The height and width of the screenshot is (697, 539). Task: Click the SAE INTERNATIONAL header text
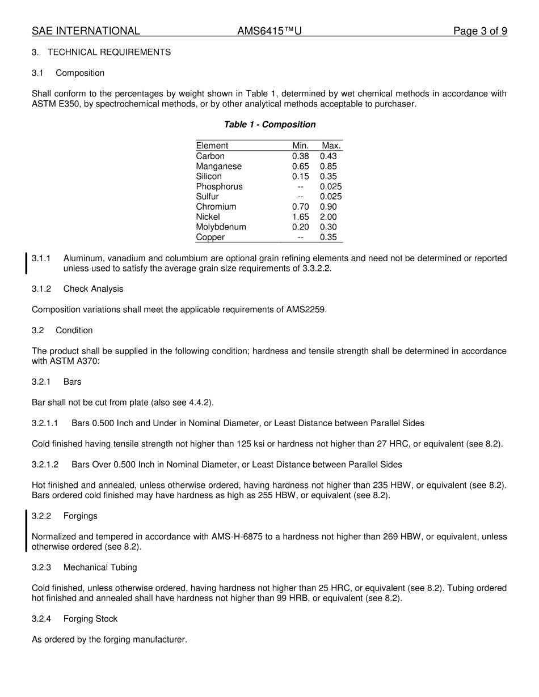coord(86,31)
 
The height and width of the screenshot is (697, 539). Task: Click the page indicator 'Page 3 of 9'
coord(480,31)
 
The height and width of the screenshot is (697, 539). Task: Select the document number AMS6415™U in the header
coord(269,31)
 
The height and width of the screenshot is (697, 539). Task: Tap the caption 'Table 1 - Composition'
coord(269,125)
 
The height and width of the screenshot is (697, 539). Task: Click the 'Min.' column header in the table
coord(300,146)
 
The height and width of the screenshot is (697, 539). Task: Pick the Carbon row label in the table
coord(210,156)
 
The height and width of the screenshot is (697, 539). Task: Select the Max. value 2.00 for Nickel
coord(328,217)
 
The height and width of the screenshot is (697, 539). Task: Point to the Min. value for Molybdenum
coord(300,227)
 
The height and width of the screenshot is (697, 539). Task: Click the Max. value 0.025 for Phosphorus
coord(331,186)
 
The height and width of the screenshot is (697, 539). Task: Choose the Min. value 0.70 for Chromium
coord(300,207)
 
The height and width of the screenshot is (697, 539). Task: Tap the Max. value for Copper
coord(328,237)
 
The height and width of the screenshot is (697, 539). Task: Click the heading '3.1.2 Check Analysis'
coord(77,289)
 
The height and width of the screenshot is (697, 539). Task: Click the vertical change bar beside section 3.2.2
coord(26,531)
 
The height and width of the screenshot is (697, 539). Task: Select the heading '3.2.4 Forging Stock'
coord(74,619)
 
